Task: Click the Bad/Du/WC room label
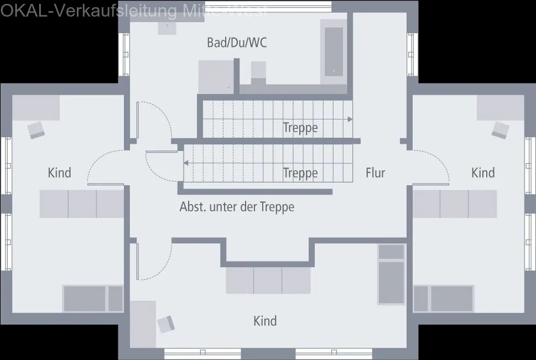coord(237,43)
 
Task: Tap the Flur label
coord(375,173)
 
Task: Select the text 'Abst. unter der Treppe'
coord(237,207)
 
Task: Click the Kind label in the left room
coord(59,173)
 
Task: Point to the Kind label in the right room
coord(482,173)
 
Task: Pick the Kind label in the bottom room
coord(265,321)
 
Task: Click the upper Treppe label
coord(300,128)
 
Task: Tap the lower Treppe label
coord(300,173)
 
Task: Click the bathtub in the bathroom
coord(334,51)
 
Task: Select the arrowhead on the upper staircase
coord(350,119)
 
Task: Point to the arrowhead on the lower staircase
coord(186,163)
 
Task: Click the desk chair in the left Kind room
coord(37,129)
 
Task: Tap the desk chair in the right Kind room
coord(500,129)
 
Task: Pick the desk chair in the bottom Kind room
coord(165,324)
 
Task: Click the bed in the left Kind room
coord(92,299)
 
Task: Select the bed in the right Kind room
coord(444,299)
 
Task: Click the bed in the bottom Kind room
coord(391,274)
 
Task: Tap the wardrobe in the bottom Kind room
coord(268,281)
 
